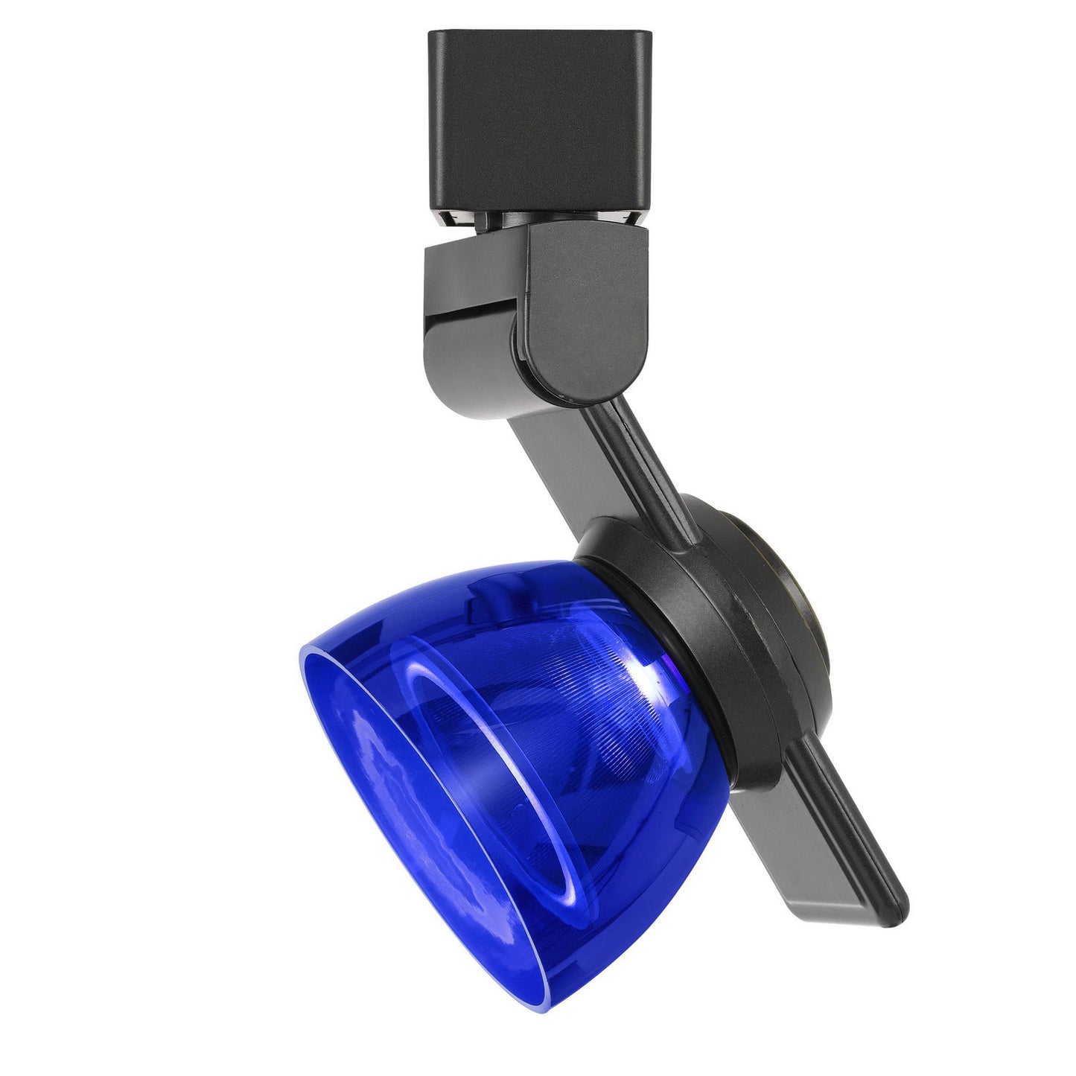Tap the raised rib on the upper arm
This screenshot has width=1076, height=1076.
pyautogui.click(x=633, y=454)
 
